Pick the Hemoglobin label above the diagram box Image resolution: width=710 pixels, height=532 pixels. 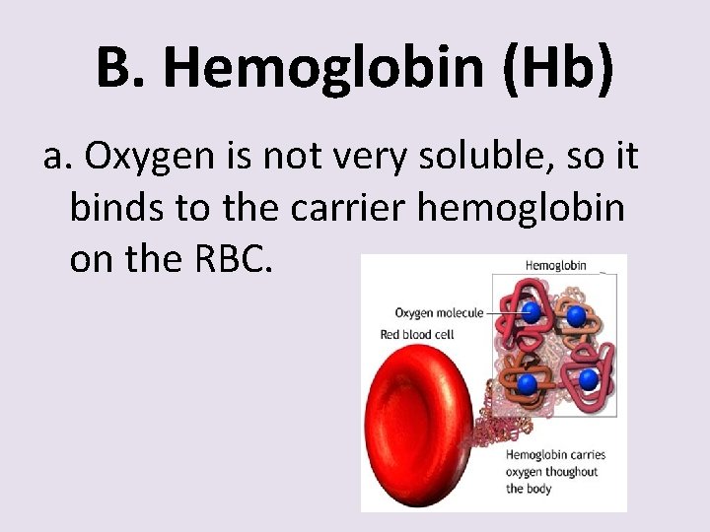[x=555, y=265]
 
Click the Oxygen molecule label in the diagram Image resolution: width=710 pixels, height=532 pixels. [x=439, y=313]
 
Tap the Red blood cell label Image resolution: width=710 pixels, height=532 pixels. [x=417, y=335]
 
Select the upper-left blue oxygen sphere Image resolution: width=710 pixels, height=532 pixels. [x=532, y=312]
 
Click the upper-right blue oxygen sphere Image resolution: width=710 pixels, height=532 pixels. [x=576, y=316]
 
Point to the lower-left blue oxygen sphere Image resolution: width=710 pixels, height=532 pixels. [x=528, y=382]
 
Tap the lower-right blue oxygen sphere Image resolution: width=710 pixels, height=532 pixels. [x=588, y=378]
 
